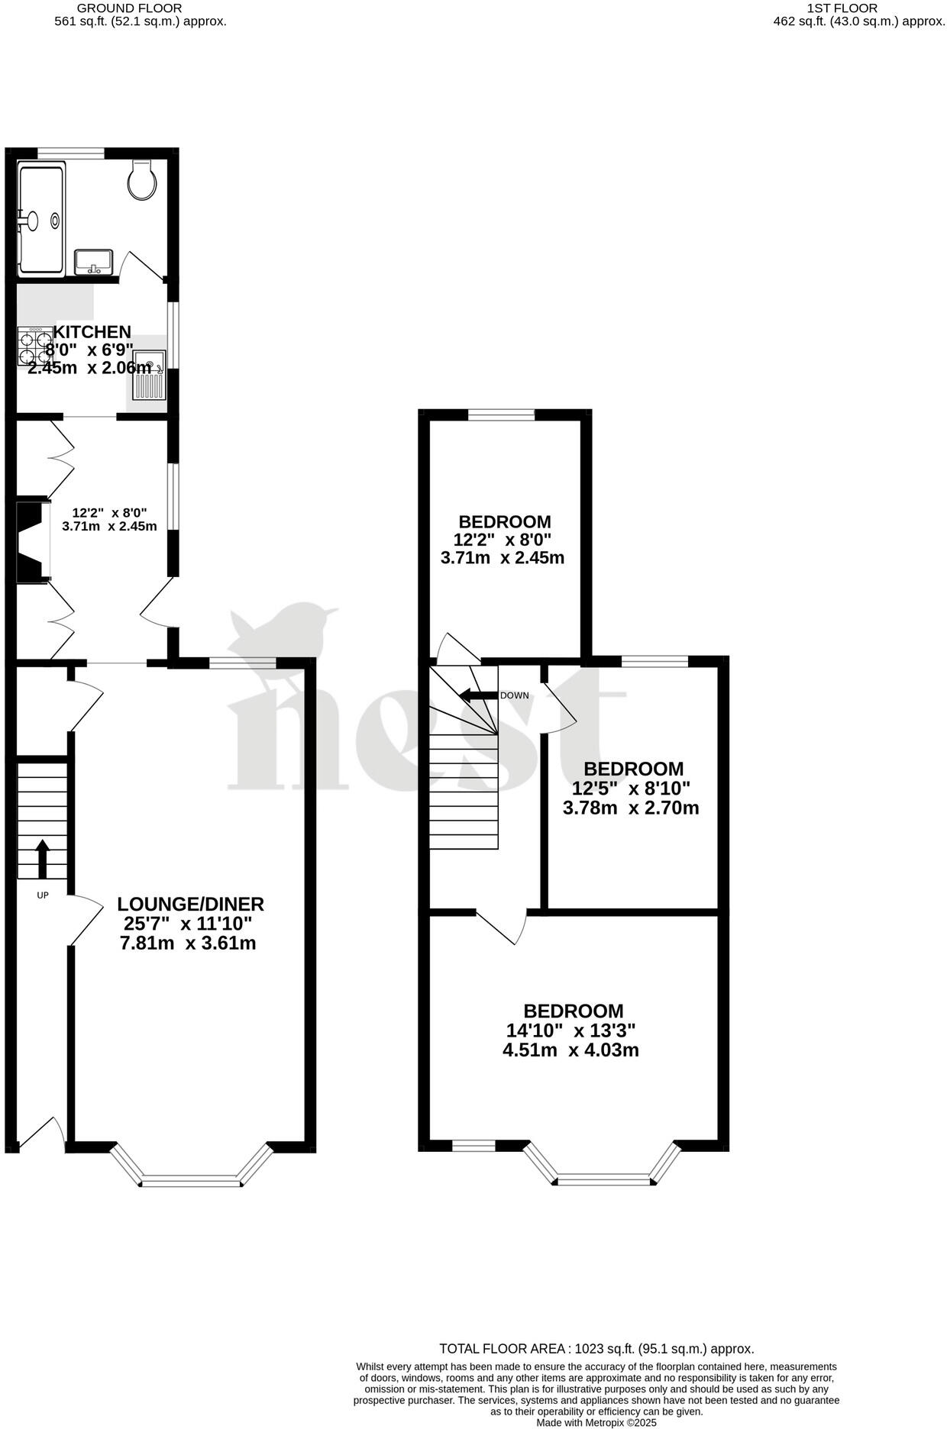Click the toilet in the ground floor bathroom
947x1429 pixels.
click(x=142, y=181)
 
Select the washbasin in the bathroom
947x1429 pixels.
click(x=94, y=262)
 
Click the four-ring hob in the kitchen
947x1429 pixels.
click(x=35, y=346)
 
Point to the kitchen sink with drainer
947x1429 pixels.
click(x=149, y=375)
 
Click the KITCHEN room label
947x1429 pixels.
click(x=92, y=332)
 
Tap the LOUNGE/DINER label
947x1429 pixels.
click(x=190, y=904)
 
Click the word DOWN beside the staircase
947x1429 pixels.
click(x=514, y=695)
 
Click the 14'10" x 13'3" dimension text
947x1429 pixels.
click(x=570, y=1030)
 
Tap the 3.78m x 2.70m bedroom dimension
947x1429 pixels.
click(x=631, y=807)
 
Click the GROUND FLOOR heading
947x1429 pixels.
click(x=141, y=8)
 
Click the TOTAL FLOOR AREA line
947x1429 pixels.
click(x=596, y=1349)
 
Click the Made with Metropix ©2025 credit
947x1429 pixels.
click(x=596, y=1422)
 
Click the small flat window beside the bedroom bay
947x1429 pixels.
click(x=473, y=1145)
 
